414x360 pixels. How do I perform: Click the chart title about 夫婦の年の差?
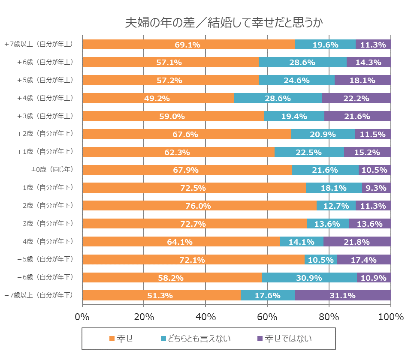(x=224, y=23)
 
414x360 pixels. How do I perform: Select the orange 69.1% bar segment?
(x=188, y=45)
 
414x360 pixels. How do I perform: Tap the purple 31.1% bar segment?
(x=343, y=295)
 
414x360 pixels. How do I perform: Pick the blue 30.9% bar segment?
(x=309, y=278)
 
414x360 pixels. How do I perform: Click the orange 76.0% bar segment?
(x=199, y=206)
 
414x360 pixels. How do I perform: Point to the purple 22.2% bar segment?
(x=357, y=98)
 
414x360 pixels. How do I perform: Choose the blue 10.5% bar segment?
(x=320, y=260)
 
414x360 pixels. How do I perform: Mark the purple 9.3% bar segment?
(x=376, y=188)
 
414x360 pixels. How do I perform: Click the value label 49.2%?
(x=157, y=98)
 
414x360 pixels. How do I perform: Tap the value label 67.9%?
(x=185, y=170)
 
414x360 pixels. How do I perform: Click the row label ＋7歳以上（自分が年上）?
(x=39, y=44)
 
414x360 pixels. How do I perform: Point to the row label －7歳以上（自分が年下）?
(x=39, y=295)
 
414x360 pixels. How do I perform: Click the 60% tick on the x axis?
(x=267, y=318)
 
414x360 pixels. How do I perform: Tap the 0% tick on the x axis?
(x=82, y=318)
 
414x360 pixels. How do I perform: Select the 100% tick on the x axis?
(x=391, y=318)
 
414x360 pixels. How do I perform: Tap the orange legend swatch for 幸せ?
(x=112, y=339)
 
